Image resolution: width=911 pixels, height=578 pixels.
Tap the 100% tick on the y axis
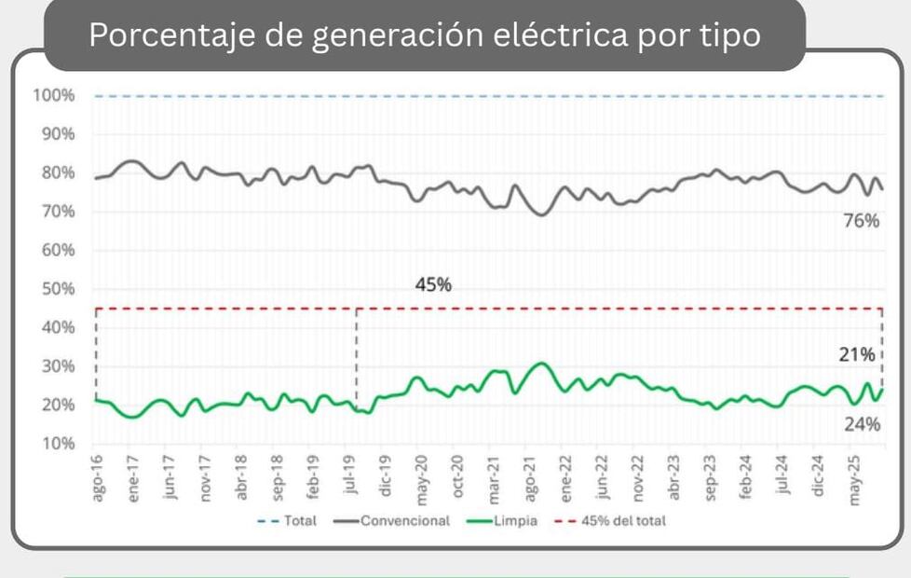coord(57,96)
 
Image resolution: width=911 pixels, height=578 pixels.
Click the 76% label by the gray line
coord(862,221)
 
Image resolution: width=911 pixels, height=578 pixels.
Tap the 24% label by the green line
coord(862,424)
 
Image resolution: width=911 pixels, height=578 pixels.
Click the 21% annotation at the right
coord(855,354)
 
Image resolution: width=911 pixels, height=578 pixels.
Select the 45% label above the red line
coord(433,285)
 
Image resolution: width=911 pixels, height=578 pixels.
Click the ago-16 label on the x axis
coord(97,478)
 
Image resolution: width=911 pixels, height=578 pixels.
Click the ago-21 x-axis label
coord(529,478)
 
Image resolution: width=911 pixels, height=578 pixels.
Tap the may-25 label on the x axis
coord(854,478)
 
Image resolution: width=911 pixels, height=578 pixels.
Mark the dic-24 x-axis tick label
coord(819,478)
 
